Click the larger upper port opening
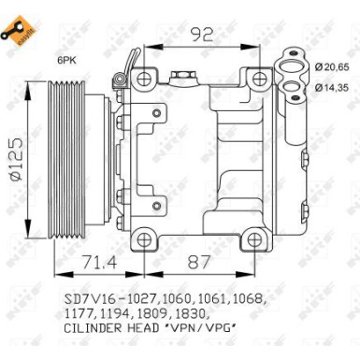tap(291, 68)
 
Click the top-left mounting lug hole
tap(143, 75)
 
